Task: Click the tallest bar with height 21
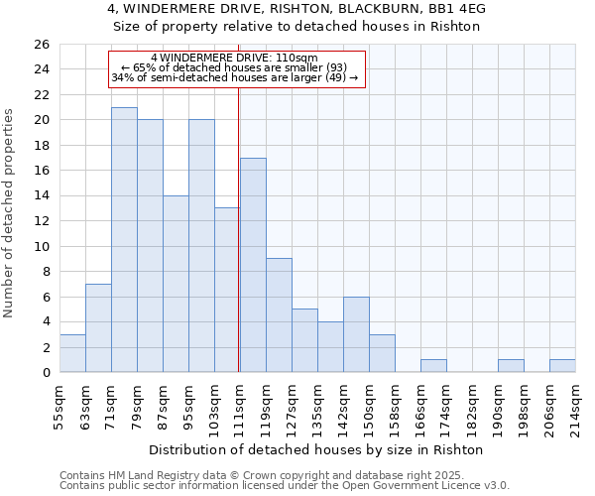point(124,240)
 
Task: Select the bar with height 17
point(253,265)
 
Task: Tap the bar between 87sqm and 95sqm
point(176,284)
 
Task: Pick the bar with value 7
point(98,328)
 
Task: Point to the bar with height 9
point(279,315)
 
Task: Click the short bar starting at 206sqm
point(562,366)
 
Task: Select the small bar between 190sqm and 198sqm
point(511,366)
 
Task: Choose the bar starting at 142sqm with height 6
point(356,334)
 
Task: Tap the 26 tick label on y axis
point(41,45)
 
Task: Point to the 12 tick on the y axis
point(41,221)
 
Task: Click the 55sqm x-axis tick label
point(60,405)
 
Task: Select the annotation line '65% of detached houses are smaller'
point(237,67)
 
